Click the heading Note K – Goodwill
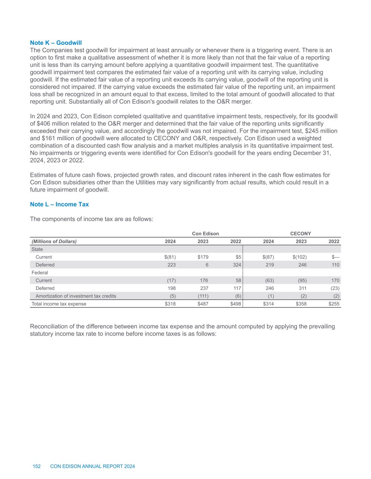tap(56, 43)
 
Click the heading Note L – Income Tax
tap(59, 204)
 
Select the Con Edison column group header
tap(205, 234)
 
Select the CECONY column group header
tap(300, 234)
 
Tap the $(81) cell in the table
tap(170, 257)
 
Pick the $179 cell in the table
tap(203, 257)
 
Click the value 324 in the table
tap(237, 265)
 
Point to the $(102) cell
tap(299, 257)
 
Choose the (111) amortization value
tap(202, 296)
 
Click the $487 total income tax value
tap(203, 304)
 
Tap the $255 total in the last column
tap(334, 304)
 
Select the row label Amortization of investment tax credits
tap(76, 296)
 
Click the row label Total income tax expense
tap(59, 304)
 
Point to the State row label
tap(37, 250)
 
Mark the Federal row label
tap(40, 273)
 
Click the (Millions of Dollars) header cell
tap(54, 241)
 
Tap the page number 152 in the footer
tap(37, 466)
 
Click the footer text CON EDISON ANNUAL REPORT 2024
tap(92, 466)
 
